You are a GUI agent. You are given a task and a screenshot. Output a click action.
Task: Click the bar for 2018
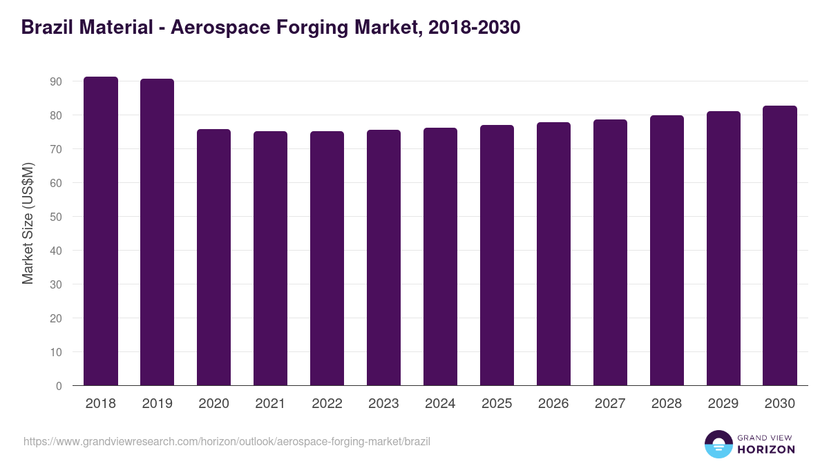pos(101,231)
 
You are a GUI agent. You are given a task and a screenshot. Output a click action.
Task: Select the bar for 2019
pos(158,232)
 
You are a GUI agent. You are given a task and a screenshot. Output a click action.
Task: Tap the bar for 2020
pos(214,257)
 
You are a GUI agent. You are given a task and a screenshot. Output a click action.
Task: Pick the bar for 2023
pos(383,258)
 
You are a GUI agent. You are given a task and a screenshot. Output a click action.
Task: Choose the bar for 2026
pos(553,254)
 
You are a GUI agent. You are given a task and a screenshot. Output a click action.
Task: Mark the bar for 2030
pos(780,246)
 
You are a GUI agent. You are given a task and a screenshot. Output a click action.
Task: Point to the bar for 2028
pos(667,251)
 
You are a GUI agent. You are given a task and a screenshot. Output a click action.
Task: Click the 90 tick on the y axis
pos(56,81)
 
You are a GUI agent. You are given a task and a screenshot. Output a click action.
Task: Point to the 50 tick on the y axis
pos(56,217)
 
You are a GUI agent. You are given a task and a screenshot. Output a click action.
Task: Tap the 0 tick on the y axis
pos(59,386)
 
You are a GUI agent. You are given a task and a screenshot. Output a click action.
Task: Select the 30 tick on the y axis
pos(56,284)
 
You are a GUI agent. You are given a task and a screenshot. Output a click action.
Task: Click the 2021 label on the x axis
pos(270,404)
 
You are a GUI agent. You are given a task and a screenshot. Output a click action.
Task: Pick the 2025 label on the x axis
pos(497,404)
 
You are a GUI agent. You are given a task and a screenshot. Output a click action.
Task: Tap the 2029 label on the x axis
pos(723,404)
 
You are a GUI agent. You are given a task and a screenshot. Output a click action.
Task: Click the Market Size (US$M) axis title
pos(28,222)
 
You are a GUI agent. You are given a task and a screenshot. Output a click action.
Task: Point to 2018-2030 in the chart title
pos(474,28)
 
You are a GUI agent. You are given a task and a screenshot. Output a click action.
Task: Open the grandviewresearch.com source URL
pos(227,441)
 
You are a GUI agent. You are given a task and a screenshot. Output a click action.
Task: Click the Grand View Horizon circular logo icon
pos(718,444)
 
